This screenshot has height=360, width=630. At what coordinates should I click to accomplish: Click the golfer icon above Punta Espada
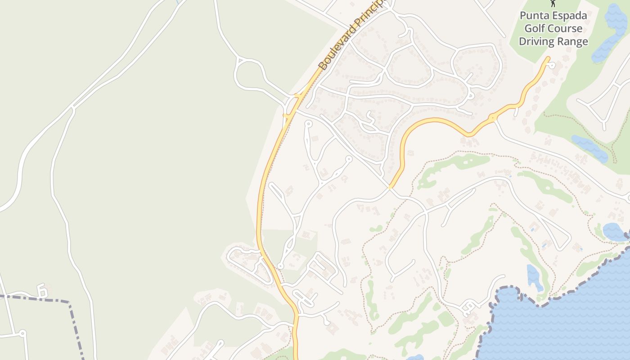point(553,3)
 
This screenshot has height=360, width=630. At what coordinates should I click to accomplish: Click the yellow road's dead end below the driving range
point(548,58)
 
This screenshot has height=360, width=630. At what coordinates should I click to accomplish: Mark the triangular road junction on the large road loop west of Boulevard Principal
point(240,59)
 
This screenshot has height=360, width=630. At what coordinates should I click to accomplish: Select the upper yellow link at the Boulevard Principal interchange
point(298,95)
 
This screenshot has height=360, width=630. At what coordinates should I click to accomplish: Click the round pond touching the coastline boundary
point(614,232)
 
